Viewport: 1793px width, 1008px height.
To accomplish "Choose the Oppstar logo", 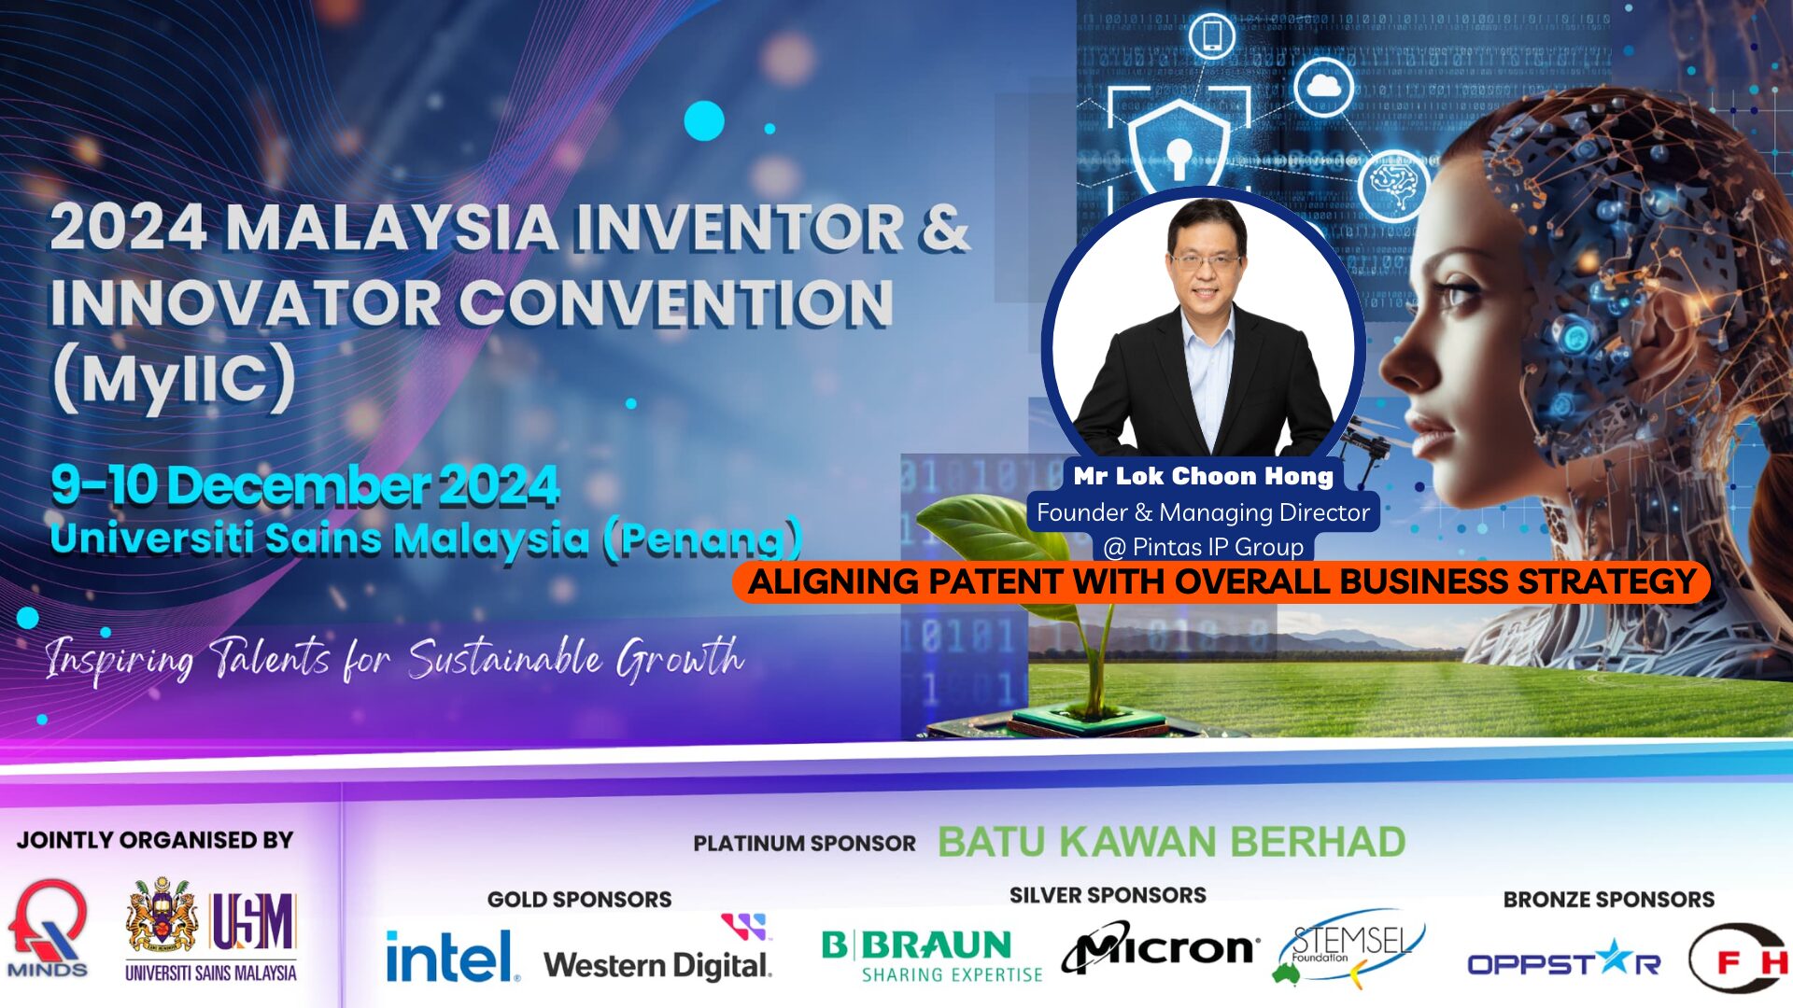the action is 1564,959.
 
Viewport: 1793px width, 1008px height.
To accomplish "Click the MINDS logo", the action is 48,930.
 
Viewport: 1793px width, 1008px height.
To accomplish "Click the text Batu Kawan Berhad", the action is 1172,842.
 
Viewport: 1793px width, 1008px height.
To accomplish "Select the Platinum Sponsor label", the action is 804,844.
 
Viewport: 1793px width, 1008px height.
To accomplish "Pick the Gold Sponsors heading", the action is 579,900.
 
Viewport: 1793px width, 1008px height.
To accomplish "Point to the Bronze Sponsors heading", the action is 1609,900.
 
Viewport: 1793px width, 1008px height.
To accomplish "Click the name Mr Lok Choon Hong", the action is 1204,476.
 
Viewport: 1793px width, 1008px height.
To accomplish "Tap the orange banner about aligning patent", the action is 1221,581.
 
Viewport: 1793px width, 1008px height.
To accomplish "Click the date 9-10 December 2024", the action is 304,485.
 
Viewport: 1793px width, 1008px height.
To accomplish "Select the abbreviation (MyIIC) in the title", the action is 174,378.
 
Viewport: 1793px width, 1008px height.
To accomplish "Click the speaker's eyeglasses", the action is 1206,262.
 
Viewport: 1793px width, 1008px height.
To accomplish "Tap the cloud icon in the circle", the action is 1324,87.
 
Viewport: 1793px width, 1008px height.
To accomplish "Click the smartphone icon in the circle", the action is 1212,36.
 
